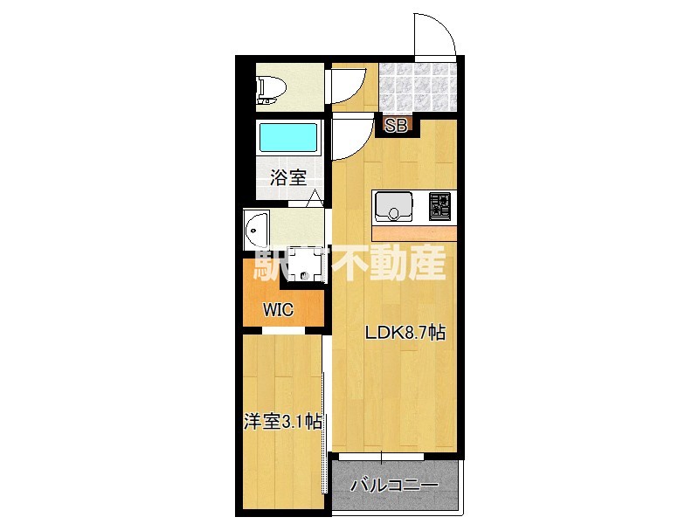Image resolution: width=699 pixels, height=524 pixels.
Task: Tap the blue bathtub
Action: (287, 139)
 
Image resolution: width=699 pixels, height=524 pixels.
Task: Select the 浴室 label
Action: (288, 178)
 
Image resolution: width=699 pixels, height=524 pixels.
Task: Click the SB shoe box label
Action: (396, 126)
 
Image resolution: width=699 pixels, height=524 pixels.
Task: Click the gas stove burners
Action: (440, 207)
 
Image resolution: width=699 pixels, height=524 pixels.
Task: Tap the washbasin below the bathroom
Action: (256, 231)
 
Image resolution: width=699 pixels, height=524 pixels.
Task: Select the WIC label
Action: (279, 309)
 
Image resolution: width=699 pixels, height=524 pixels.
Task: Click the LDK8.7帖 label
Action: (405, 333)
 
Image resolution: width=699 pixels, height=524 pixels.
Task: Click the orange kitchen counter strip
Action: (415, 233)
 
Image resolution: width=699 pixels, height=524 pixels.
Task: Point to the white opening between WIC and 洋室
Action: (282, 330)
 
